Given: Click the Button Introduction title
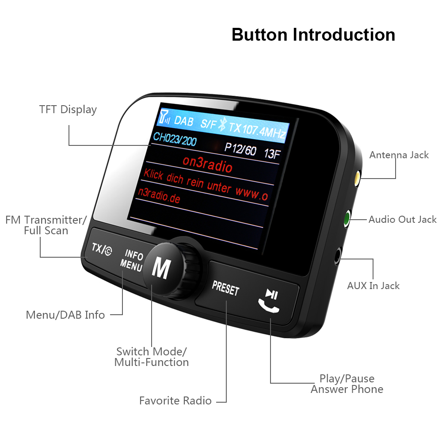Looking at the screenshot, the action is point(313,34).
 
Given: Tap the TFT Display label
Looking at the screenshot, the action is point(68,109).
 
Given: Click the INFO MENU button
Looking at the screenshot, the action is point(132,260).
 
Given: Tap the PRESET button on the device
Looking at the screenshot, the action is point(225,288).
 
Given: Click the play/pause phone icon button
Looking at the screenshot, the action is point(270,301).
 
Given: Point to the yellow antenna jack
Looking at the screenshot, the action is point(357,179).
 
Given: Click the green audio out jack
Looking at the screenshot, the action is point(347,218).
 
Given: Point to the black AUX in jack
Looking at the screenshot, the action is point(337,255).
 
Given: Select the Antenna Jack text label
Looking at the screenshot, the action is point(399,155).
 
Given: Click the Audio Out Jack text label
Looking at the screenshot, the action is point(403,219).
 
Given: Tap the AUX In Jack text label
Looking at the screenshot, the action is point(373,286).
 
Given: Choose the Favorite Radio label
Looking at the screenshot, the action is point(175,400).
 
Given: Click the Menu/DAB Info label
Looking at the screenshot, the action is point(65,315).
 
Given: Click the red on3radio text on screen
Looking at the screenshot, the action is point(207,164).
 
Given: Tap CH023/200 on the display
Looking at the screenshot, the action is point(175,139).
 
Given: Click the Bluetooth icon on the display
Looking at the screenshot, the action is point(222,124).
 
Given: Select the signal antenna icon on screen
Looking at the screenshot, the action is point(164,117).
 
